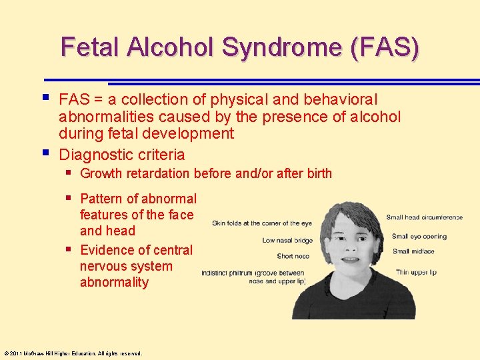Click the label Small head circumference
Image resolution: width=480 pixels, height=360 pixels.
coord(424,217)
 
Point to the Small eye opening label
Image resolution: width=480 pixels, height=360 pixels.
coord(419,236)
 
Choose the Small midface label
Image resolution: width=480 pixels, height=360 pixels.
coord(414,251)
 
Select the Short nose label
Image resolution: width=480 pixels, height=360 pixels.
coord(293,256)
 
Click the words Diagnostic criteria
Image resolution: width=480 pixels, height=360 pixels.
coord(122,155)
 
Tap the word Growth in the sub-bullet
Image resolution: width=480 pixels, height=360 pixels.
coord(101,174)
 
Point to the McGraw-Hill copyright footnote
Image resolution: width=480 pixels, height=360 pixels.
coord(73,353)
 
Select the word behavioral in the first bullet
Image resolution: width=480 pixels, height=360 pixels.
coord(340,100)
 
